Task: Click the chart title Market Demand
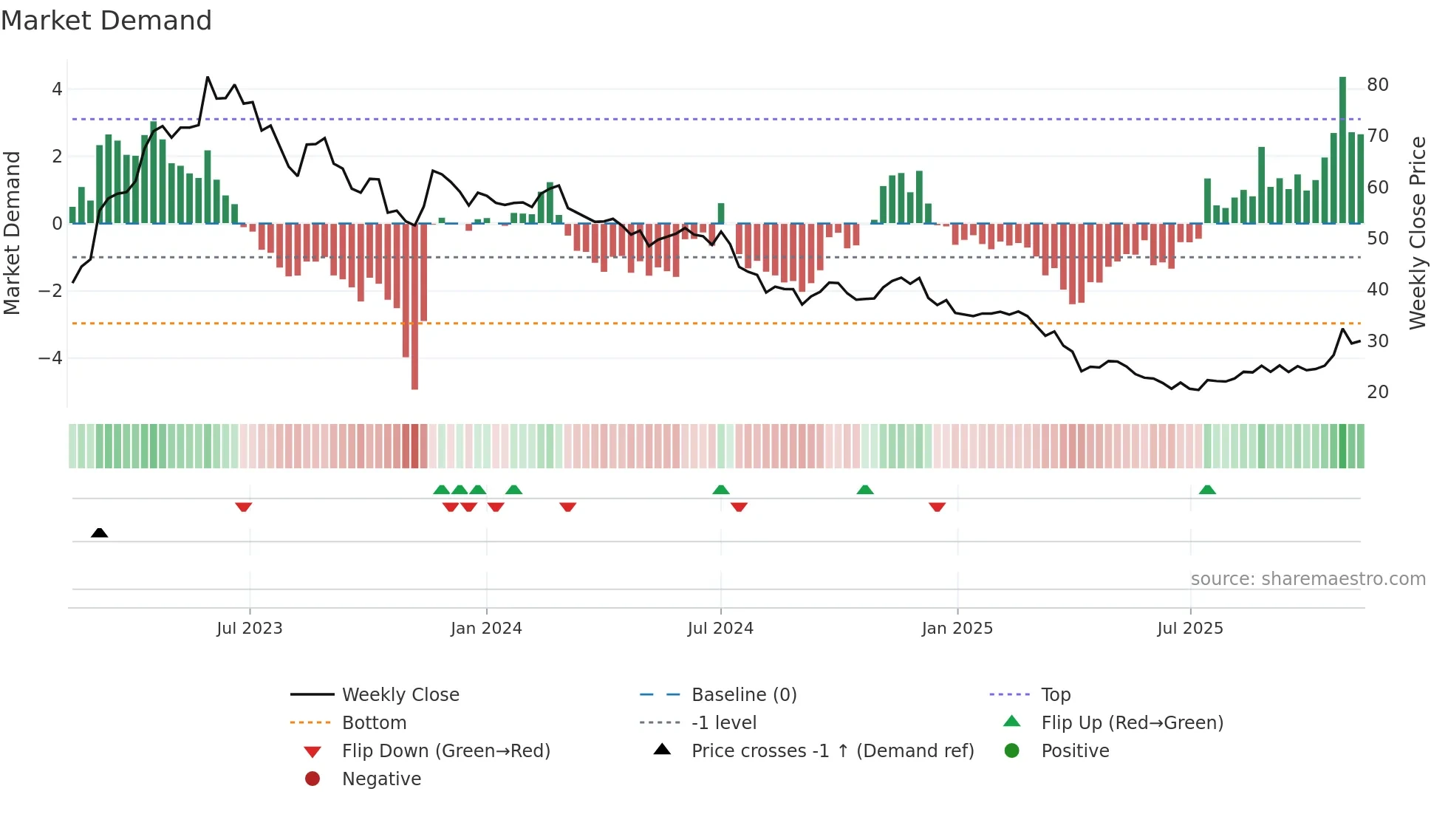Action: (106, 21)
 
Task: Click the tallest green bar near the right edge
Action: (1342, 148)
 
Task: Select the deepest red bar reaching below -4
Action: (414, 307)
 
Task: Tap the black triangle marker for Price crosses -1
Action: (100, 533)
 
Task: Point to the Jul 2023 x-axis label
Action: (250, 629)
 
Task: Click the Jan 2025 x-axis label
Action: (957, 629)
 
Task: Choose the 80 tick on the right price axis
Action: (1378, 85)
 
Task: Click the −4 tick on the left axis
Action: (51, 358)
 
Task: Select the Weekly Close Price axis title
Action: (1417, 233)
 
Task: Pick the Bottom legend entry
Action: (374, 723)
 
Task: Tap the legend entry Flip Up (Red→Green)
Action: (1132, 723)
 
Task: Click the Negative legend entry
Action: (381, 779)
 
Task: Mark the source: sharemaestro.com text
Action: (1308, 579)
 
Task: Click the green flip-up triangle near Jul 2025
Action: (1207, 490)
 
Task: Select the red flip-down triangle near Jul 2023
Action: (244, 507)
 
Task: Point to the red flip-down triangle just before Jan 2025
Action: (937, 507)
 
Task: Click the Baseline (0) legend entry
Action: (744, 695)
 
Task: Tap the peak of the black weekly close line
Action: (208, 78)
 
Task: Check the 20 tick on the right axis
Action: (1378, 392)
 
